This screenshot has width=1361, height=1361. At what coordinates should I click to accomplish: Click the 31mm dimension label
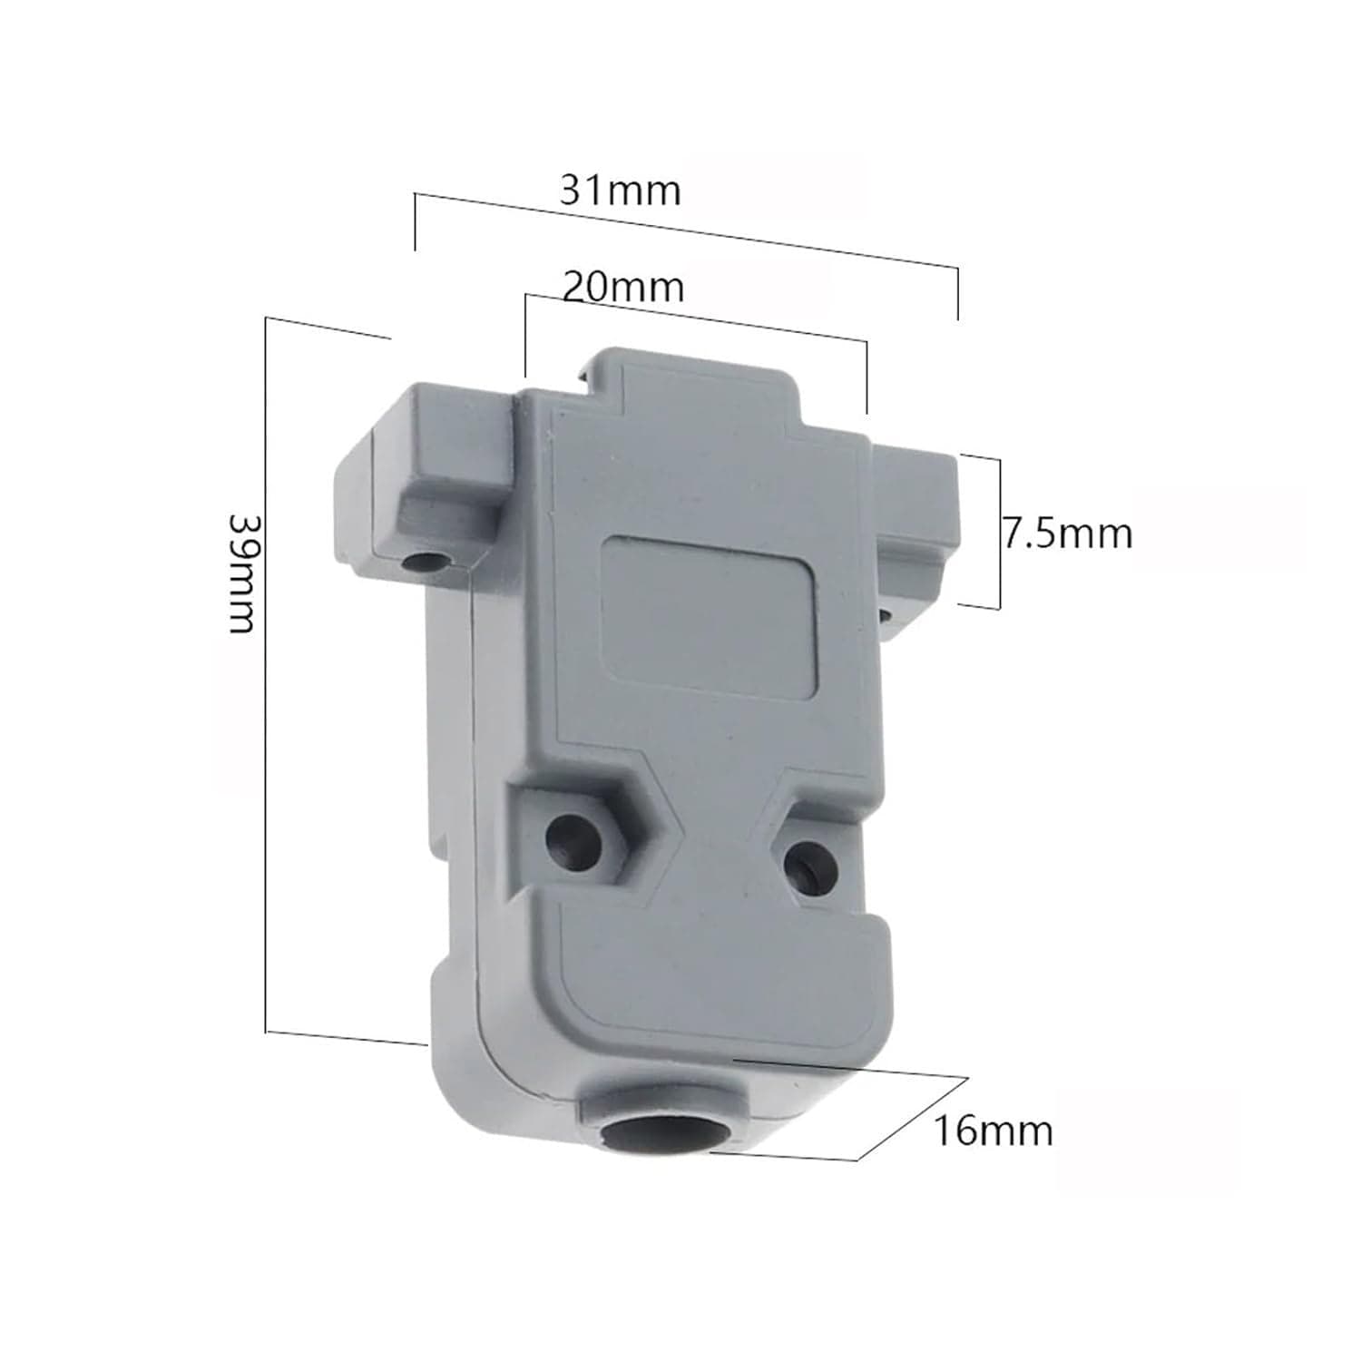(x=620, y=191)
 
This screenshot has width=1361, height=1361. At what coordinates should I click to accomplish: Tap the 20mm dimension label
(x=623, y=287)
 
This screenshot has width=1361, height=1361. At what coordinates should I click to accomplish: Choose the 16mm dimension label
(x=994, y=1131)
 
